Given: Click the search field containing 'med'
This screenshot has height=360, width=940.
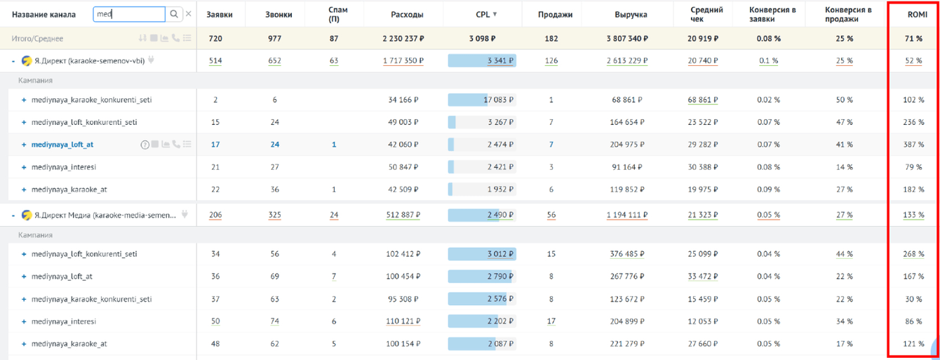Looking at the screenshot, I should (129, 14).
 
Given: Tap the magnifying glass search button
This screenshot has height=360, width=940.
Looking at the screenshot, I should (174, 14).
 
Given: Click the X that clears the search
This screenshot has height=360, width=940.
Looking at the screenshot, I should (189, 14).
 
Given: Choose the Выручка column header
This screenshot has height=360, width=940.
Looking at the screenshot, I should (631, 14).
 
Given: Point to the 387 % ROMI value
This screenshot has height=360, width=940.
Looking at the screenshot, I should (913, 145).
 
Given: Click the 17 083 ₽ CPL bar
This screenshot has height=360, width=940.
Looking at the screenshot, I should (482, 100).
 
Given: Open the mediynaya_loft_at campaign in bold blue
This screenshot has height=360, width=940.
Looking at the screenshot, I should (62, 145).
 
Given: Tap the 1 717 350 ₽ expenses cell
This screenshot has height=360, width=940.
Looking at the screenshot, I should (403, 61).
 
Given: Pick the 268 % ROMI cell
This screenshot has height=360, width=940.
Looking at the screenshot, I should (913, 254).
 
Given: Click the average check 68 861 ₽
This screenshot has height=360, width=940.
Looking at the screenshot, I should (703, 100).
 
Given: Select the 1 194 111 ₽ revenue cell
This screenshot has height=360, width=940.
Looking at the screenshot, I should (627, 215).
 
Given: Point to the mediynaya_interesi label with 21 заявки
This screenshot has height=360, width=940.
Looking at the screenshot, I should (64, 167).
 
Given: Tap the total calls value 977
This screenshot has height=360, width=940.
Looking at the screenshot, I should (274, 39).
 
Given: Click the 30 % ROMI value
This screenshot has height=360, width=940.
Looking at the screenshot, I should (913, 299).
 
